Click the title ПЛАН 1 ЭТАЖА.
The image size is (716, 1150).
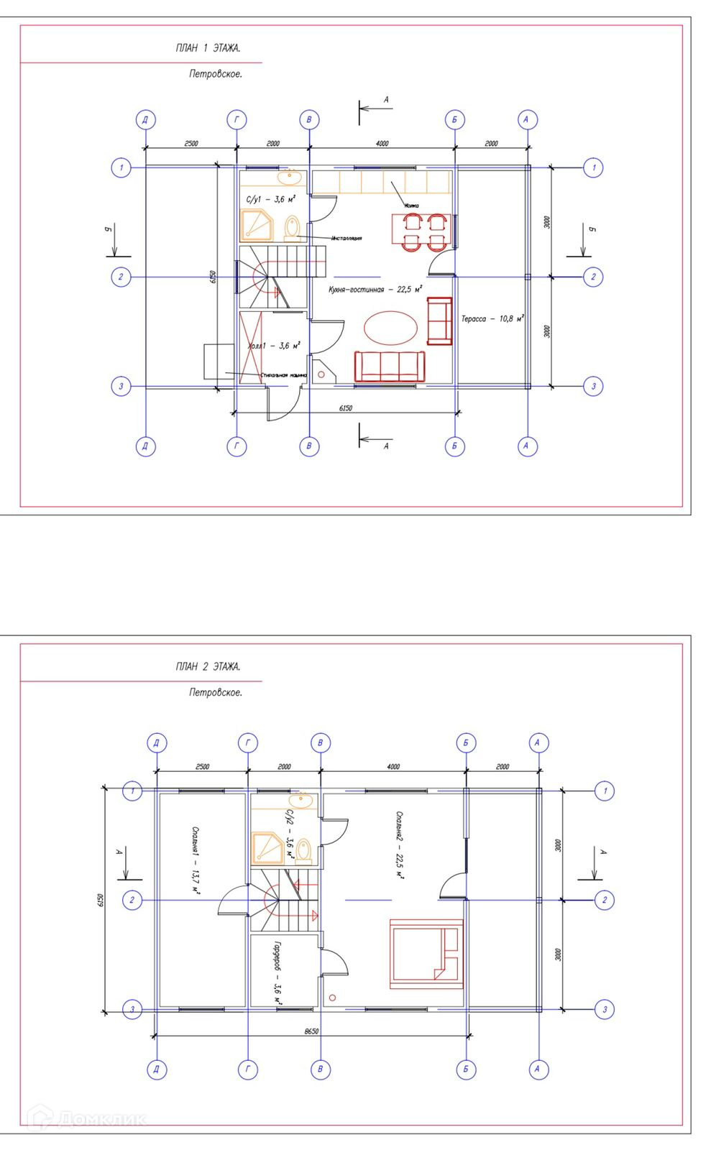208,48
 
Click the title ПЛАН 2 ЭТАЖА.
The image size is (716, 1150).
208,666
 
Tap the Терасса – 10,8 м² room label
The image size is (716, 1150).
492,318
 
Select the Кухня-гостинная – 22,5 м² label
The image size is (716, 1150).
375,290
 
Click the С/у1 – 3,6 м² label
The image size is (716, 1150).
271,199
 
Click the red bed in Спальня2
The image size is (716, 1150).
425,953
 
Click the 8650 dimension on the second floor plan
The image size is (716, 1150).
311,1031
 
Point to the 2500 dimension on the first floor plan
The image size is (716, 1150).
191,144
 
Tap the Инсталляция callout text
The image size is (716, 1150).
346,238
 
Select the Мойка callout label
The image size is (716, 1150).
411,206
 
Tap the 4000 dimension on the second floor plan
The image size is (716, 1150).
393,767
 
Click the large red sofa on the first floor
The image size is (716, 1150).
390,366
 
